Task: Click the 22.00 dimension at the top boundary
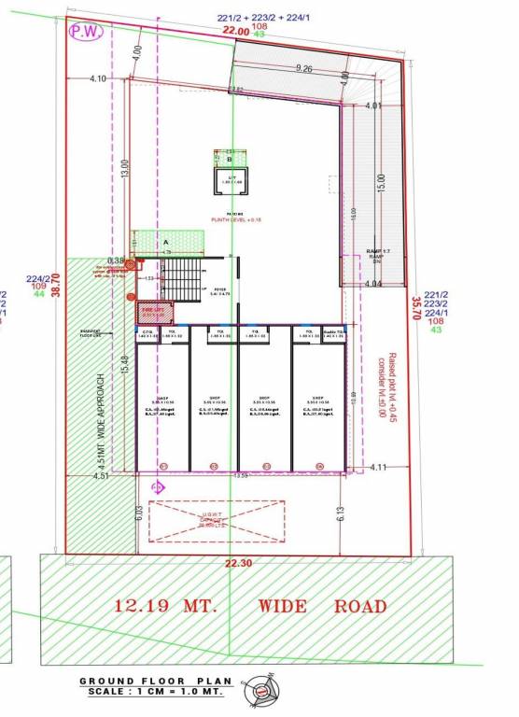235,30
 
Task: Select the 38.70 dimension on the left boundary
55,278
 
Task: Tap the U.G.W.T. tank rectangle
217,521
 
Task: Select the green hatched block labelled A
167,241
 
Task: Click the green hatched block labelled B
229,159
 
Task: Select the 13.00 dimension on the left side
124,170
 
